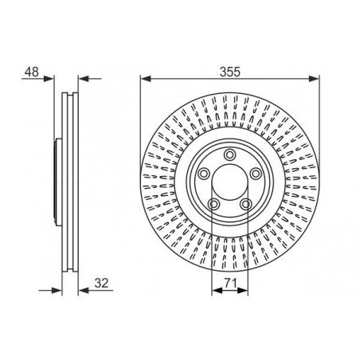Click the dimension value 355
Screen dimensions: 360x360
[x=229, y=72]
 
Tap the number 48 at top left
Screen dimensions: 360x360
[x=32, y=72]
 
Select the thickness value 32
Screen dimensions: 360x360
[x=101, y=283]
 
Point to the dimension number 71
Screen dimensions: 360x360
[x=230, y=283]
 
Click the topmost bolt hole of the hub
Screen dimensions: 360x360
[x=229, y=155]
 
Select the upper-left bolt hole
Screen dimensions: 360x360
[x=204, y=174]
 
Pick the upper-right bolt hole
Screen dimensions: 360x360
[x=256, y=174]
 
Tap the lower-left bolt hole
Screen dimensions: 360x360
[x=213, y=204]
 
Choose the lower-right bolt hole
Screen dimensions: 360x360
[x=246, y=204]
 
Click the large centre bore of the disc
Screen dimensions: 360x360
[x=229, y=182]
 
